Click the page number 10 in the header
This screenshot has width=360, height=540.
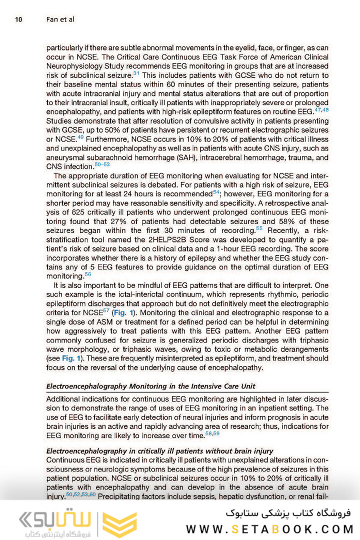click(18, 20)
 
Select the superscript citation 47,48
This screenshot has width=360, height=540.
click(322, 109)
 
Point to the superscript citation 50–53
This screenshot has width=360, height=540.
click(102, 163)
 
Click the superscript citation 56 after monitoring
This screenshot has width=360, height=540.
click(87, 273)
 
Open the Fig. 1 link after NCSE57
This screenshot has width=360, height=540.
click(125, 312)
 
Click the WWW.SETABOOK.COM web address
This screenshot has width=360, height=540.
click(270, 529)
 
